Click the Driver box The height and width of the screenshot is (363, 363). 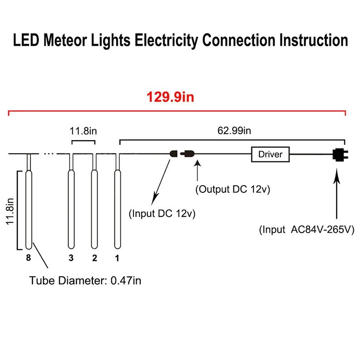coord(270,154)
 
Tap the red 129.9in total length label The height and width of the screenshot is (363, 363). coord(171,97)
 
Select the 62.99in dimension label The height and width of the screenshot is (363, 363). coord(234,131)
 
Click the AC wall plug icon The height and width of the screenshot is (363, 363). coord(340,155)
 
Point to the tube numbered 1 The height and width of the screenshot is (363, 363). coord(118,209)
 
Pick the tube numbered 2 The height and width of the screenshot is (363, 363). coord(94,209)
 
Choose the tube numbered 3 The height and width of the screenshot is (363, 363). coord(71,209)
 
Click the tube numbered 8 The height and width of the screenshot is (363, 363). coord(29,210)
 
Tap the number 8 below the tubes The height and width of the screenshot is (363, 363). coord(29,258)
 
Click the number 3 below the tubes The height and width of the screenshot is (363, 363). coord(71,258)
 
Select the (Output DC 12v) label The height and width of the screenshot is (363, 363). coord(233,189)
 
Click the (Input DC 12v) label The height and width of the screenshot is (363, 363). coord(162,213)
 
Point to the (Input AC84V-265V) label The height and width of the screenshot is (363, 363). coord(307,230)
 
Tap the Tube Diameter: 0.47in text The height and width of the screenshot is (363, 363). coord(85,280)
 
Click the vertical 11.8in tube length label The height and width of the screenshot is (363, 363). coord(10,211)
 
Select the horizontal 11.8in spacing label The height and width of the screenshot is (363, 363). coord(83,131)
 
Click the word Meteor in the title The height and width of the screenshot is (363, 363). coord(65,40)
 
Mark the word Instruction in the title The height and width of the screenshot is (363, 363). coord(314,40)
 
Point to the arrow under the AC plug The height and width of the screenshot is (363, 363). coord(337,193)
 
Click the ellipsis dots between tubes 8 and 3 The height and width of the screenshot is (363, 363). coord(49,153)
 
